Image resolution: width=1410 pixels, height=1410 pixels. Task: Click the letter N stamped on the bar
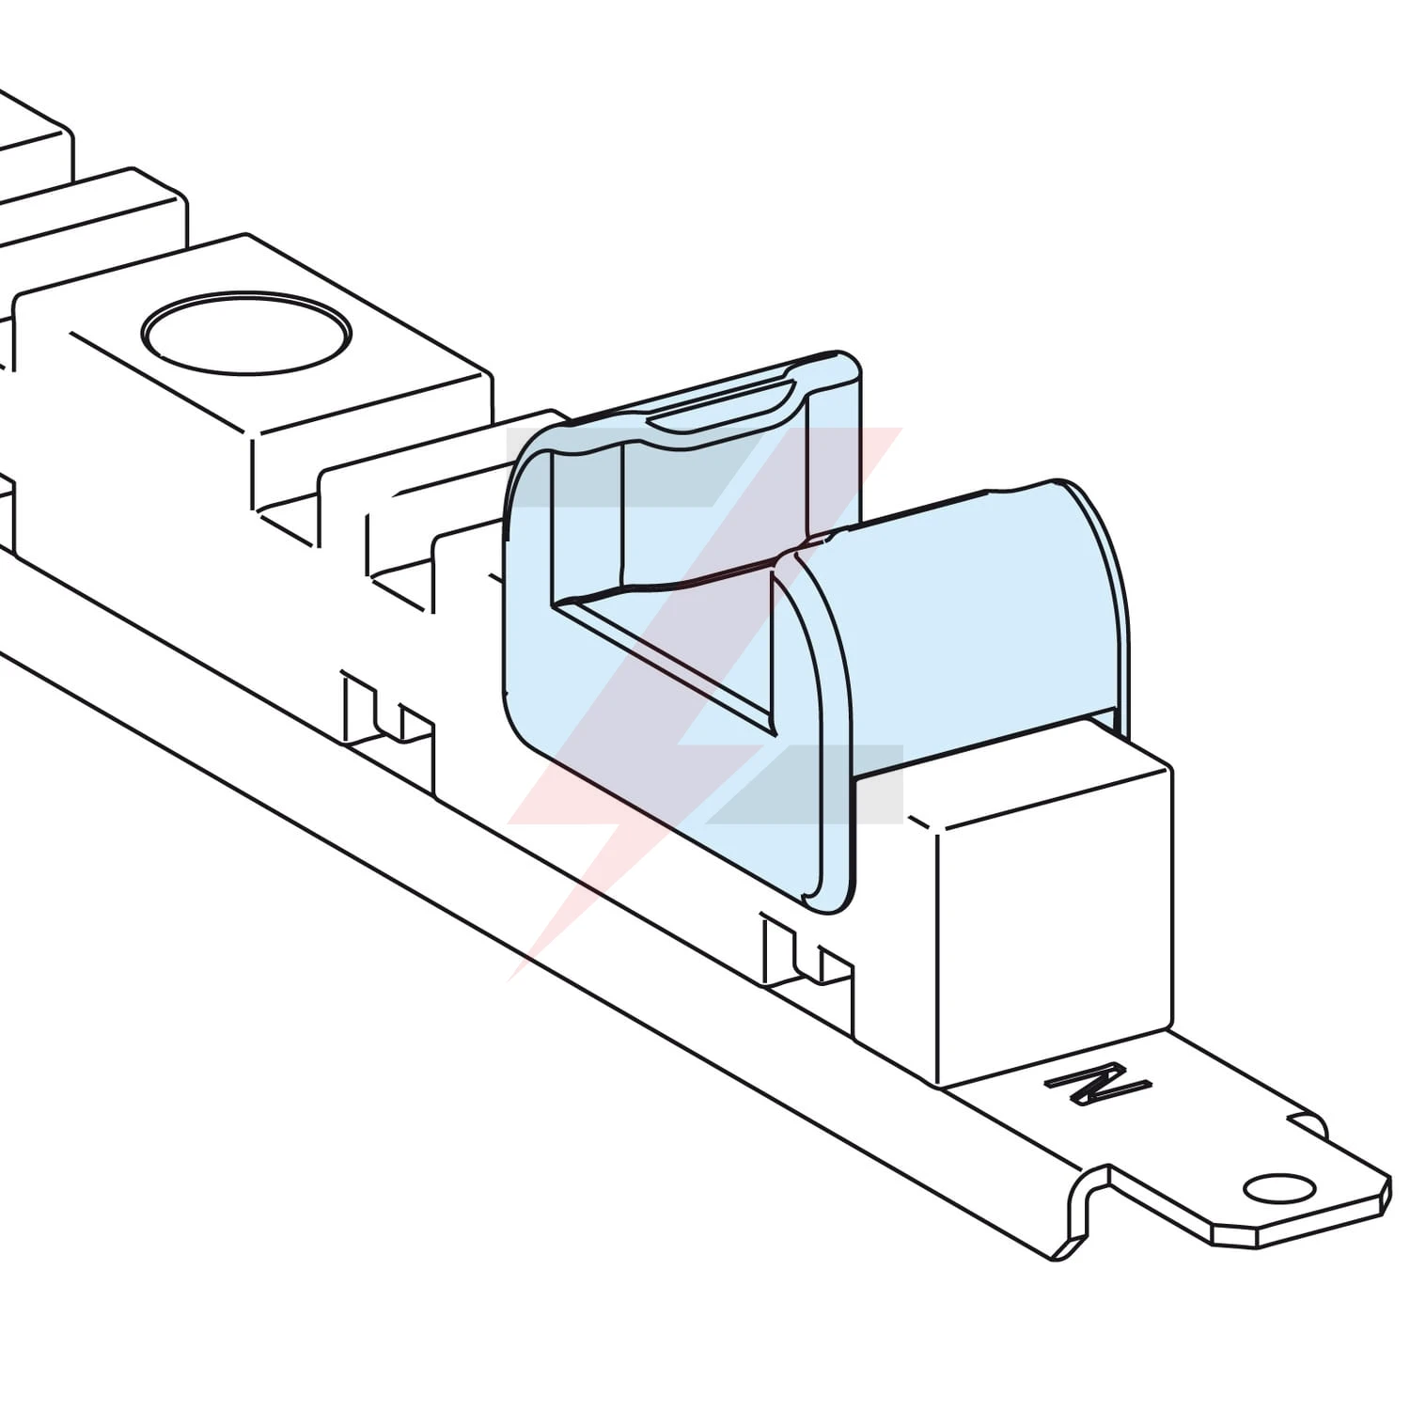1098,1085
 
